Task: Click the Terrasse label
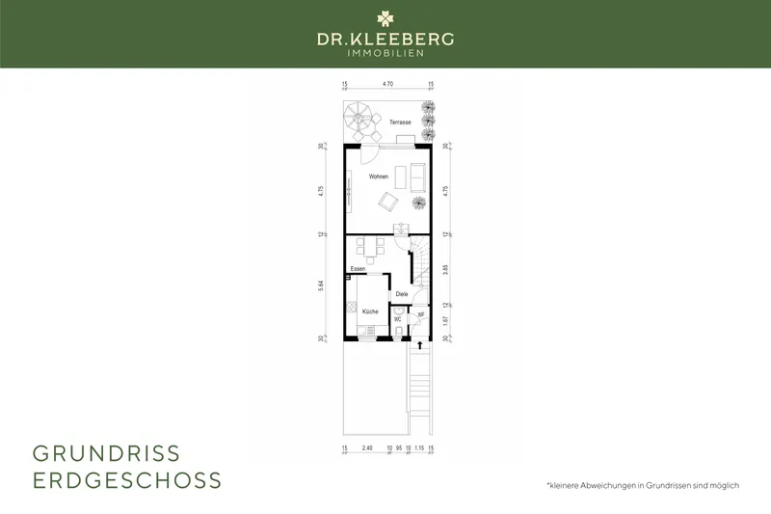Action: click(x=400, y=122)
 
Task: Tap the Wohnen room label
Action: click(x=378, y=177)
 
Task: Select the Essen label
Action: click(x=358, y=268)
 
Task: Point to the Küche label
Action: click(x=370, y=311)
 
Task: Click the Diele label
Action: click(x=402, y=294)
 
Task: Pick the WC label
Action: click(x=397, y=318)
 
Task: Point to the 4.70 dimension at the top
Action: click(x=387, y=85)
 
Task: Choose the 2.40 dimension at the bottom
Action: click(x=366, y=449)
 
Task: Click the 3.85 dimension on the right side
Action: click(x=444, y=270)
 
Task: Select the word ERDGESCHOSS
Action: click(x=127, y=479)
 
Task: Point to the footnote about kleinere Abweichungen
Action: click(x=642, y=484)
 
